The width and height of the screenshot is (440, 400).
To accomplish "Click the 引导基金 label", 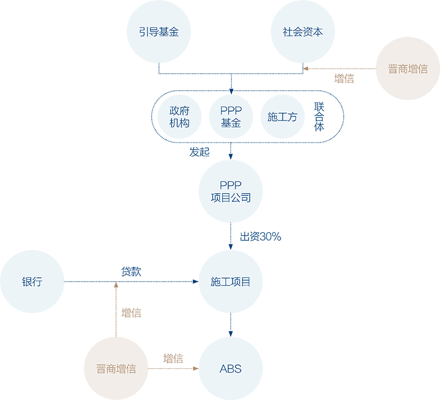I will [159, 32].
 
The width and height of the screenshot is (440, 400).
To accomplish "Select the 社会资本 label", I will [302, 32].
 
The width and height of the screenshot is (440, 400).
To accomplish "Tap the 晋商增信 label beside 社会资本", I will [408, 69].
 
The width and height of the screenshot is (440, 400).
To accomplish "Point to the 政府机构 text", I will [179, 117].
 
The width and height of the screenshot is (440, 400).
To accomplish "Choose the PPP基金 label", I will [230, 117].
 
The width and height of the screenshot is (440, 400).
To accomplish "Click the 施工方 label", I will [282, 117].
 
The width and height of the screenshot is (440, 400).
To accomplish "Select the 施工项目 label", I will [230, 282].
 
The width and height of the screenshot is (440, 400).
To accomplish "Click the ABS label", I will [230, 369].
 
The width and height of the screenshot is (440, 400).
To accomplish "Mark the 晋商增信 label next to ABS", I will [116, 369].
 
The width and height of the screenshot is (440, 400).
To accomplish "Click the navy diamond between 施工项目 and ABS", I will [230, 325].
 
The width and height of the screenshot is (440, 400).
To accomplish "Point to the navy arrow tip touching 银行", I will [68, 282].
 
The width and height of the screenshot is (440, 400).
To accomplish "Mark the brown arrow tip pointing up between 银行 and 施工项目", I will [116, 286].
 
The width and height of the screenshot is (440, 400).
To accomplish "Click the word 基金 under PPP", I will [230, 123].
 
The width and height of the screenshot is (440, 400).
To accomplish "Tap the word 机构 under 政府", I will [179, 123].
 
